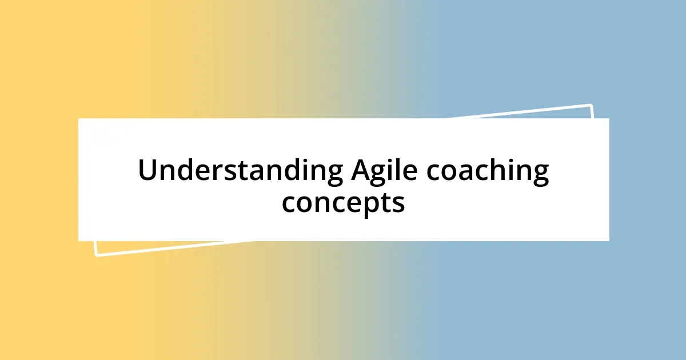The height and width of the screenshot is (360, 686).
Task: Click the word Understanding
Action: [240, 171]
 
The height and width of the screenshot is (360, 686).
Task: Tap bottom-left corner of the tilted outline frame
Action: [96, 255]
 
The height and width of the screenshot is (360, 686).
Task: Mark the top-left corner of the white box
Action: [79, 119]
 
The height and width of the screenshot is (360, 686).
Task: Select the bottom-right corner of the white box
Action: [609, 241]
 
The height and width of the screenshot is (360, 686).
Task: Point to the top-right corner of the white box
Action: [609, 119]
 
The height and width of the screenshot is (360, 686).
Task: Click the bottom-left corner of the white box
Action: [79, 241]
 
